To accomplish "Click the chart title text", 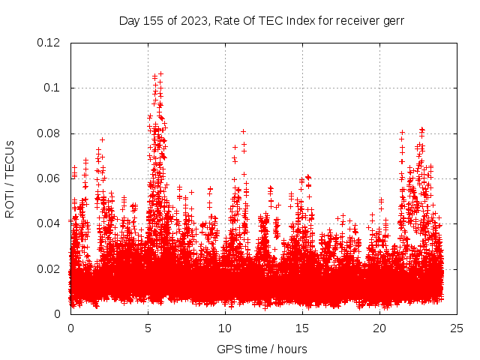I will pos(261,20).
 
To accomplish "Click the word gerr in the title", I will pos(391,20).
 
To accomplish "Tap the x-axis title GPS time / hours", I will pos(262,349).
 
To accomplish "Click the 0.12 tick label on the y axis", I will pos(49,43).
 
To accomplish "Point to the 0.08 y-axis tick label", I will pos(49,133).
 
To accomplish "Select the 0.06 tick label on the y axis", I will pos(49,178).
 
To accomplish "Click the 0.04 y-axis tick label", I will pos(49,223).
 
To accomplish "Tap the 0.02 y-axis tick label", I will pos(49,268).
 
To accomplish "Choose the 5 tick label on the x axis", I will pos(148,328).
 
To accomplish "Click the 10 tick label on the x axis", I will pos(225,328).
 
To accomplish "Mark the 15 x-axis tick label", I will pos(302,328).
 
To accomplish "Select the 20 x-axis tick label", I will pos(379,328).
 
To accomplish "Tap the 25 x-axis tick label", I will pos(457,328).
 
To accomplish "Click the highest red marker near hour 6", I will pos(160,73).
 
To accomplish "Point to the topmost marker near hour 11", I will pos(243,131).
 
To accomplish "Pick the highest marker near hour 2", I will pos(102,139).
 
